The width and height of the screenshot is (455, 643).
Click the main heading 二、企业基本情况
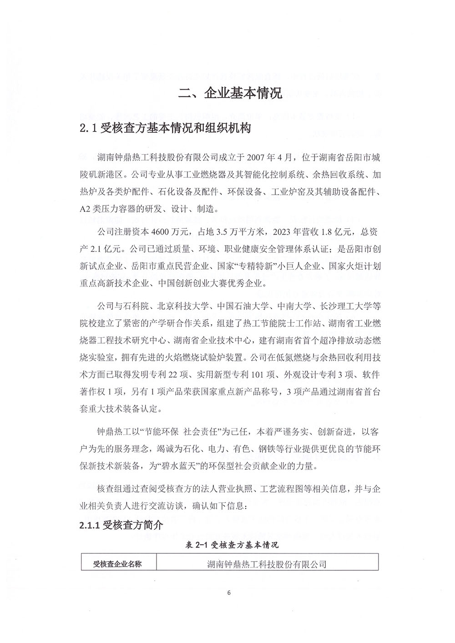pos(230,94)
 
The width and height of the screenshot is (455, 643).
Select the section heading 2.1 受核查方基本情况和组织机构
pos(165,128)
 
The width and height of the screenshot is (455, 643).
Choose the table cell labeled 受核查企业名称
pos(117,564)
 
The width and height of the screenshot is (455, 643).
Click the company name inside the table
pos(267,564)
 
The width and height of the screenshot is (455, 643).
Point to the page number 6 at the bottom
pos(229,593)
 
